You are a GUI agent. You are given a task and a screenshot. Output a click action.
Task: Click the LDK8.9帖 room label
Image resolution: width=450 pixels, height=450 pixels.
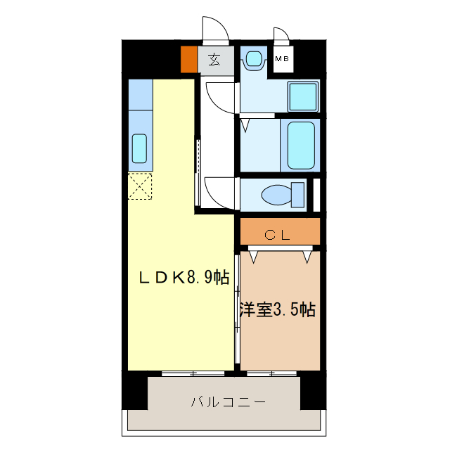point(182,277)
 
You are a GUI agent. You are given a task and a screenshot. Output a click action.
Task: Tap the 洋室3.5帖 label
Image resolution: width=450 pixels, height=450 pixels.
point(277,309)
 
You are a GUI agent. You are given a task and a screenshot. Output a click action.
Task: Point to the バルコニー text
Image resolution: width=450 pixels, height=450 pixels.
point(227,403)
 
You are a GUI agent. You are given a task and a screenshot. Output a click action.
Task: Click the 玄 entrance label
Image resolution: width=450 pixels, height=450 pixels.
point(213,60)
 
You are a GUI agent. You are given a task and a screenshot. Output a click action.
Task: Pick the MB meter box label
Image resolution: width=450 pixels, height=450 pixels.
point(282,59)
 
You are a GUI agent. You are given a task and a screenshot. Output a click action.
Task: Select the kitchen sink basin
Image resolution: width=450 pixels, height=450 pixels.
point(139,148)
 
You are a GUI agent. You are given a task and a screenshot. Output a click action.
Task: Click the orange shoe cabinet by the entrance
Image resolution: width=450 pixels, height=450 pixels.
point(188,59)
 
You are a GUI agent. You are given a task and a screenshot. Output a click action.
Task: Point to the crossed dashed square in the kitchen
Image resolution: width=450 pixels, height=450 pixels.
point(140,186)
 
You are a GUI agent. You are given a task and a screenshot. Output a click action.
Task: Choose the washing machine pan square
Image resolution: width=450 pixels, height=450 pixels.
point(303,96)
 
